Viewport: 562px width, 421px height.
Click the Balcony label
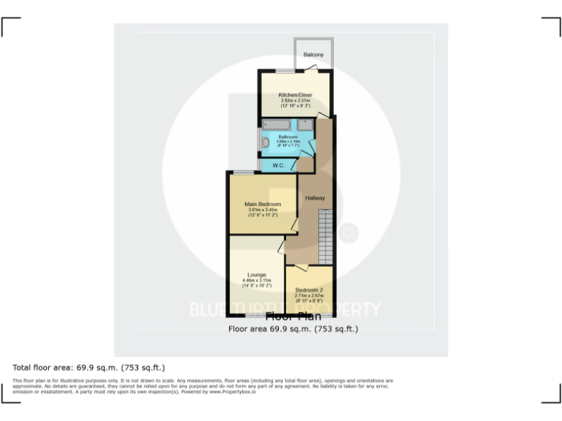(x=313, y=55)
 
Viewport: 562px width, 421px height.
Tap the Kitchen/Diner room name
(x=296, y=95)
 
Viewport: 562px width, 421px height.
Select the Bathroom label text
(x=288, y=137)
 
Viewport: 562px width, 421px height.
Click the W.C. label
(x=278, y=166)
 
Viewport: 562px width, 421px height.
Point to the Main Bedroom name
(x=263, y=204)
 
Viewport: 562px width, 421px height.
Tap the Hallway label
(x=315, y=198)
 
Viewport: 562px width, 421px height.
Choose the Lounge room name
(x=256, y=275)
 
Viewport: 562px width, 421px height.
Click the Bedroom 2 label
(x=309, y=290)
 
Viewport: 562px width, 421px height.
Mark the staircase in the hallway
(x=326, y=233)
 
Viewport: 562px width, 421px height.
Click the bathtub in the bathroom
(x=277, y=126)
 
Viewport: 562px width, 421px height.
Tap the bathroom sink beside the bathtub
(x=306, y=126)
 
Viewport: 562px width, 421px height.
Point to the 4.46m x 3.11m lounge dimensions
(x=256, y=281)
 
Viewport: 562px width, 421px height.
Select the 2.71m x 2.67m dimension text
(x=309, y=296)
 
